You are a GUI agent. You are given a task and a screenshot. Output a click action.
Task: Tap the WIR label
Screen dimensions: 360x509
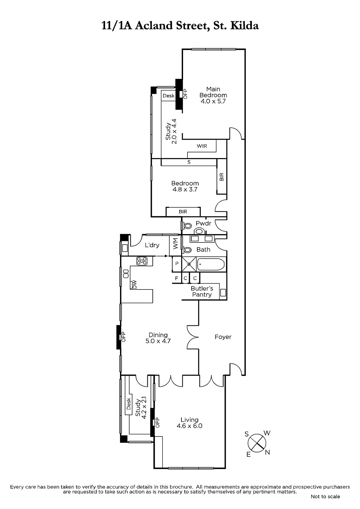pos(202,146)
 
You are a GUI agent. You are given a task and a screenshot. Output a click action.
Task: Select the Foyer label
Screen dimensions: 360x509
pos(223,337)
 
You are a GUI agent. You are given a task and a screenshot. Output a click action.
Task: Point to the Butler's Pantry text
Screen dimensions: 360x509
pos(202,291)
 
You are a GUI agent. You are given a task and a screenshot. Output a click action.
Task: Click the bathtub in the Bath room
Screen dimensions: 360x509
pos(211,264)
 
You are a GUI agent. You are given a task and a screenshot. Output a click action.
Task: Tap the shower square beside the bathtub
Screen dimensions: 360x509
pos(189,264)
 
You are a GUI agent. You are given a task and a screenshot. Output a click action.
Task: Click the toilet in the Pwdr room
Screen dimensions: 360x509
pos(187,226)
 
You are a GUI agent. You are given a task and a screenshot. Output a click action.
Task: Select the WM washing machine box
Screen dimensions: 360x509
pos(175,246)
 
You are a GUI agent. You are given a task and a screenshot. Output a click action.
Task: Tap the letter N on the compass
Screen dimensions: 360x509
pos(267,452)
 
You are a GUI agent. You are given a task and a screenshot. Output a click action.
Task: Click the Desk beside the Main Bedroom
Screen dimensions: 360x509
pos(168,96)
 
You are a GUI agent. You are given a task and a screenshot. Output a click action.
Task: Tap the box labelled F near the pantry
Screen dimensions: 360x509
pos(176,278)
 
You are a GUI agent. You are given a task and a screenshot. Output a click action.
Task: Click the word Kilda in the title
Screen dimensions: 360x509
pos(245,26)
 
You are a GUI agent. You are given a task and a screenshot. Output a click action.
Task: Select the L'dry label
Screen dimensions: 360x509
pos(152,245)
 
